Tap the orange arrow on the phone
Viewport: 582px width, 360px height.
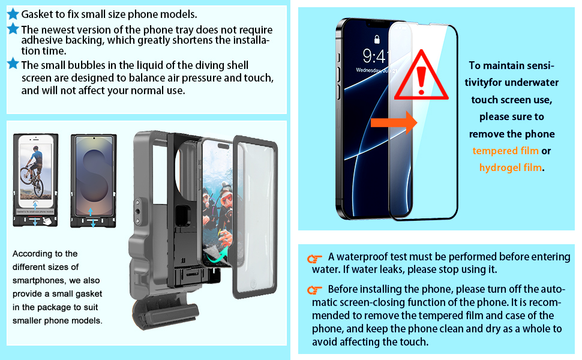pyautogui.click(x=394, y=124)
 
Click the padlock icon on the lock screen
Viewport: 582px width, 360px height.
pyautogui.click(x=376, y=40)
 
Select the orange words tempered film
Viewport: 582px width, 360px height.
pyautogui.click(x=505, y=151)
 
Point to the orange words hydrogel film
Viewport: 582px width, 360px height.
pyautogui.click(x=510, y=167)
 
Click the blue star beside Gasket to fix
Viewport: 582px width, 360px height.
pyautogui.click(x=13, y=14)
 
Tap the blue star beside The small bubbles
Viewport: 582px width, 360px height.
pyautogui.click(x=13, y=64)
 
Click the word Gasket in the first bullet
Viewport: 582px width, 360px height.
pyautogui.click(x=37, y=14)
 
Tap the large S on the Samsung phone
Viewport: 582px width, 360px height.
pyautogui.click(x=93, y=174)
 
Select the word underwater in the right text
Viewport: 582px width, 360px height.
pyautogui.click(x=535, y=82)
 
